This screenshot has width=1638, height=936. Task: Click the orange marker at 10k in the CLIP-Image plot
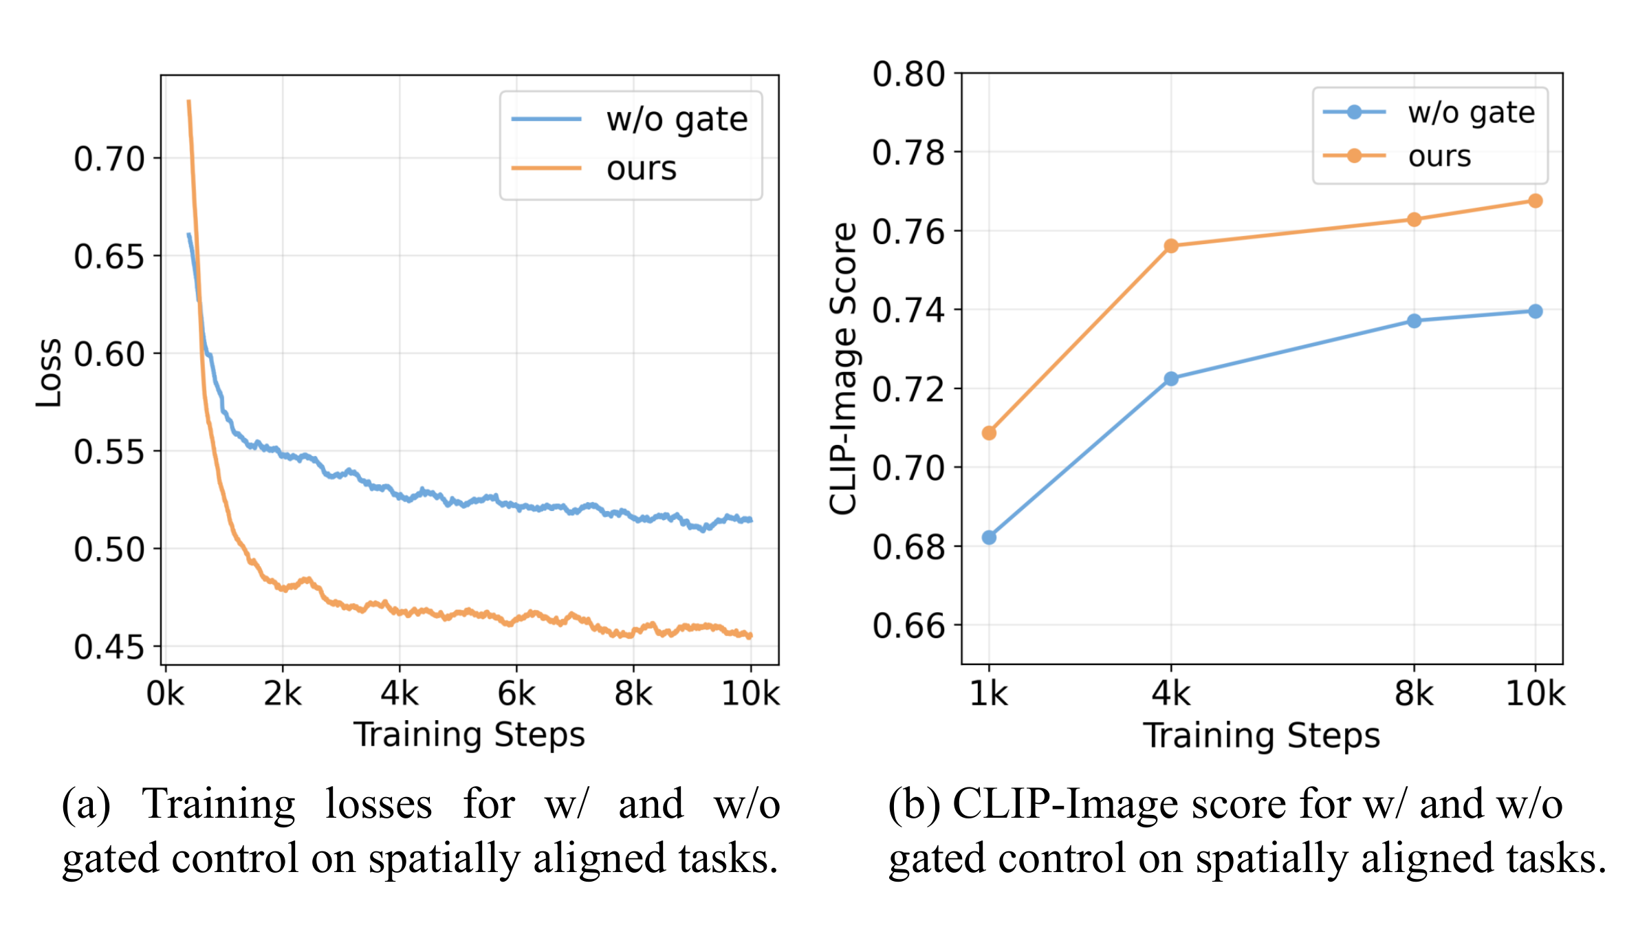click(x=1535, y=201)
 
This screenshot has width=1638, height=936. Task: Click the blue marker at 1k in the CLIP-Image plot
click(x=989, y=538)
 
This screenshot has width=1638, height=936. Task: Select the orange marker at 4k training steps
click(x=1171, y=246)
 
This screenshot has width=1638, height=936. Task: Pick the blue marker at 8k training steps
click(x=1414, y=321)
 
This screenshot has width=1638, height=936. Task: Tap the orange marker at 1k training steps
click(x=989, y=433)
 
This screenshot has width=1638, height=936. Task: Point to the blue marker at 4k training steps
click(x=1171, y=379)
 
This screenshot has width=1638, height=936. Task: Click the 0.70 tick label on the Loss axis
click(x=109, y=159)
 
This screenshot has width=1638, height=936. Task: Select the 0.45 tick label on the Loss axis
click(x=109, y=647)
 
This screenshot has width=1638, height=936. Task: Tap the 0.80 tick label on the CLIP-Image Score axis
click(x=908, y=74)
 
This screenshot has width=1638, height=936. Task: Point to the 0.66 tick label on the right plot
click(x=908, y=626)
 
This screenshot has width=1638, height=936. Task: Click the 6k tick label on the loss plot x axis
click(x=516, y=694)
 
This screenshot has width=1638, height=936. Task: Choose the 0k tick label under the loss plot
click(x=165, y=694)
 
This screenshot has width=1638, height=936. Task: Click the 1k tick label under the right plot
click(x=989, y=694)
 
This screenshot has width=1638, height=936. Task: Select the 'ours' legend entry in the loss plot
click(x=641, y=168)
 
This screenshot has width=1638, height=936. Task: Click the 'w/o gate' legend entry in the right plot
click(x=1471, y=113)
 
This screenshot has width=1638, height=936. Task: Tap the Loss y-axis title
click(x=49, y=373)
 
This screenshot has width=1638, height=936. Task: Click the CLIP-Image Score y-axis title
click(x=843, y=369)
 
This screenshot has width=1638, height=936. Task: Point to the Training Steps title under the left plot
click(x=469, y=734)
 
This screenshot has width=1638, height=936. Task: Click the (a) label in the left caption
click(x=86, y=804)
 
